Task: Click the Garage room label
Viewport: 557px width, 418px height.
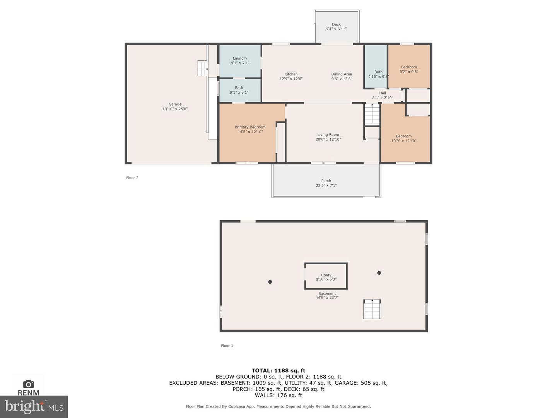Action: (175, 104)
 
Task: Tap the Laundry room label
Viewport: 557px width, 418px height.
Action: (240, 58)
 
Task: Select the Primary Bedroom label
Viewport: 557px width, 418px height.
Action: (250, 127)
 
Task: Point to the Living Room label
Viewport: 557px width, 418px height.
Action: (328, 135)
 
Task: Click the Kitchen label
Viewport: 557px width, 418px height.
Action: (291, 74)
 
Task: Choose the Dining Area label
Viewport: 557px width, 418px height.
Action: (341, 74)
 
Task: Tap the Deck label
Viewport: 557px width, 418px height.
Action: (336, 24)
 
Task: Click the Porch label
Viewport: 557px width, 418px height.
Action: (326, 181)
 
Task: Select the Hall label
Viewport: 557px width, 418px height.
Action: (383, 93)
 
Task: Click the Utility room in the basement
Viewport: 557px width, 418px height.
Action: (326, 276)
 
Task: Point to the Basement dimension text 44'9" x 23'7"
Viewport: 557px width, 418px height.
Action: (327, 298)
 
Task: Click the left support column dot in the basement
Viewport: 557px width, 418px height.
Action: (270, 282)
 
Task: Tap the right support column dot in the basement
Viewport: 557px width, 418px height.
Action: (379, 273)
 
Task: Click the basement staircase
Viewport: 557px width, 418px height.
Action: (372, 309)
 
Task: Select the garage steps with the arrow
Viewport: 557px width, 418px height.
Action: (203, 69)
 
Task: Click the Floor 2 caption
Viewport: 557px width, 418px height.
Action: (132, 178)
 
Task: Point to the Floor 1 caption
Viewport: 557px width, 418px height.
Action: (227, 346)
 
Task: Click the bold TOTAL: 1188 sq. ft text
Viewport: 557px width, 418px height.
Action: (278, 370)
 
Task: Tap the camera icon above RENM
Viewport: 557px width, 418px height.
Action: (28, 384)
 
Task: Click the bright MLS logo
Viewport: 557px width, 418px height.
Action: (34, 406)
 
